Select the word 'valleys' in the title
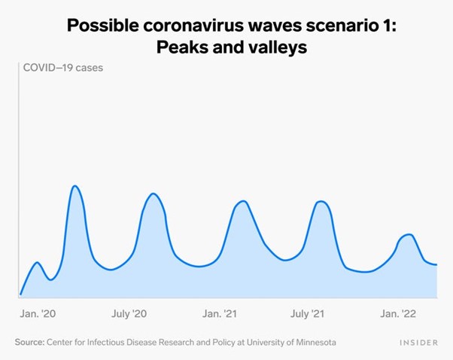[264, 47]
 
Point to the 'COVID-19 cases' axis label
[63, 67]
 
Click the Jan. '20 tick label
[38, 313]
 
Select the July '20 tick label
[132, 313]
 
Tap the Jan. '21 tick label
[220, 313]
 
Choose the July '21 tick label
[308, 313]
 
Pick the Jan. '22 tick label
[397, 313]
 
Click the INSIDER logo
[418, 343]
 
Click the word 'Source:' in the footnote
[29, 342]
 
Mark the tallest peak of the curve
[75, 185]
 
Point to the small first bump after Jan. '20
[38, 263]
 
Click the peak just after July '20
[154, 194]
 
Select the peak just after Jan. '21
[242, 201]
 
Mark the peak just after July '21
[322, 201]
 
